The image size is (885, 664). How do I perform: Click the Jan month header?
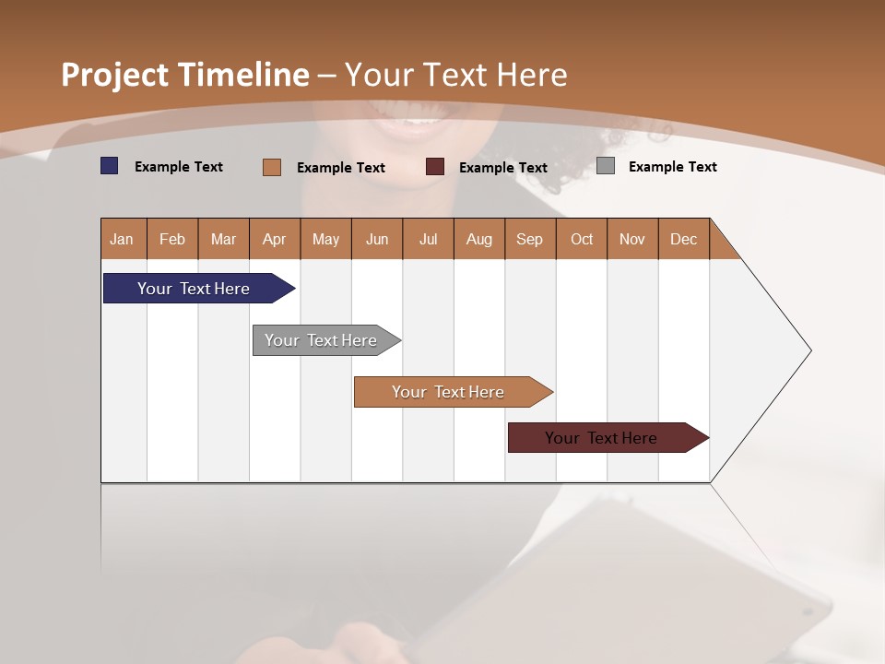point(123,239)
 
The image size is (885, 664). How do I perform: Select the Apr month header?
point(275,239)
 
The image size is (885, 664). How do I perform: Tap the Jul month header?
point(428,239)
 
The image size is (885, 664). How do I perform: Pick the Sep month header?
point(530,239)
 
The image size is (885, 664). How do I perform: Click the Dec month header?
point(683,239)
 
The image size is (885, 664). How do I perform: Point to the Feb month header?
point(172,239)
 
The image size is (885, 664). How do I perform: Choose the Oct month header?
point(582,239)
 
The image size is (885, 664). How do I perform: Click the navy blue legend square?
point(109,166)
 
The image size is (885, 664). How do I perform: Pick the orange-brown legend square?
point(271,167)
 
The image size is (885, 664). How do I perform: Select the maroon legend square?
point(435,167)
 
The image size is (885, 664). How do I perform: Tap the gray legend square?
point(605,166)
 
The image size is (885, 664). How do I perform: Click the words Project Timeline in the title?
point(184,75)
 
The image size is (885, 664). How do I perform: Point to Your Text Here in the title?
point(455,75)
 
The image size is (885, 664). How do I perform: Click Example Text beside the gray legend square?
point(672,166)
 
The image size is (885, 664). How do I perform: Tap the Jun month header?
point(377,239)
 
